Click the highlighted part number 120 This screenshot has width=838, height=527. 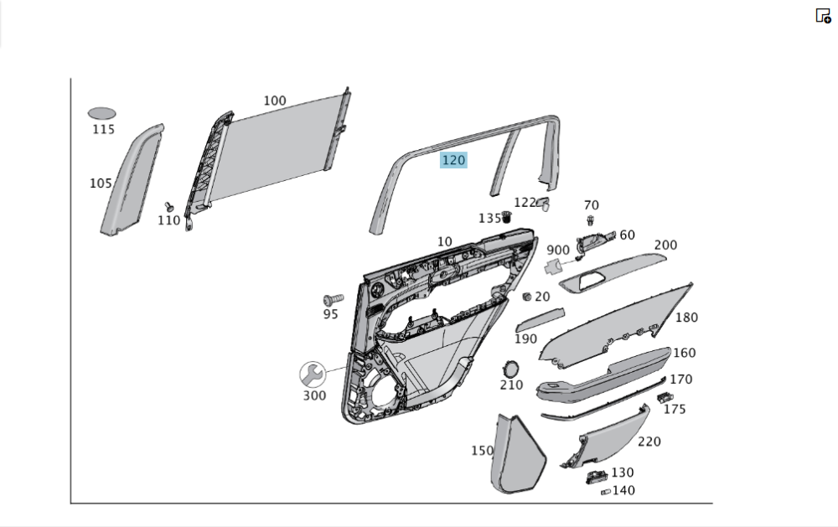pos(453,160)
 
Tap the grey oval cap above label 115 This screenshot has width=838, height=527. pos(102,113)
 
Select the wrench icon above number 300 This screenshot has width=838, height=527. pos(313,374)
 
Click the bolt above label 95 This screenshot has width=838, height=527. pos(333,299)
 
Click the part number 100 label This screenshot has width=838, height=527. pos(275,101)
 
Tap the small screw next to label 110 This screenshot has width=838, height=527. pos(168,206)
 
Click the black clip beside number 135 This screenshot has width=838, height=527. pos(506,219)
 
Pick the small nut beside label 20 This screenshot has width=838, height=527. pos(526,297)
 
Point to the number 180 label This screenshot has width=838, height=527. pos(686,318)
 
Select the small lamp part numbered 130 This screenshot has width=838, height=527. pos(596,477)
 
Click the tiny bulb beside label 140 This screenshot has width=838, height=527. pos(605,492)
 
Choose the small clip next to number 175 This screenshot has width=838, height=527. pos(665,396)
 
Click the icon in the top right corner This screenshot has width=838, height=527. pos(823,16)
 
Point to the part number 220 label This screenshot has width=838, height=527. pos(649,442)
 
